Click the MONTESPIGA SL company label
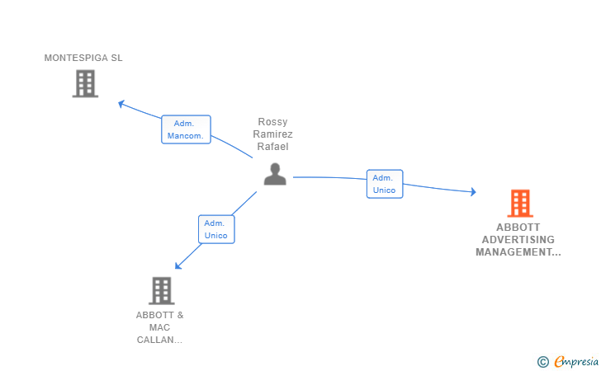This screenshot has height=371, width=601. coord(83,58)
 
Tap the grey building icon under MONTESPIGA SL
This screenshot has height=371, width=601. coord(85,83)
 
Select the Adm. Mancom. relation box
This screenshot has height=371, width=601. coord(186,129)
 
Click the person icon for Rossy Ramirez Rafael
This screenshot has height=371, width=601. coord(275,174)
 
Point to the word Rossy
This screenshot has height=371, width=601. coord(272,122)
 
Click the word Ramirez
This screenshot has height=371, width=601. coord(272,134)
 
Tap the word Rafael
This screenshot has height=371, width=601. coord(272,146)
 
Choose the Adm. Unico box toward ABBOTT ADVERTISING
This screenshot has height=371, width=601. coord(385,184)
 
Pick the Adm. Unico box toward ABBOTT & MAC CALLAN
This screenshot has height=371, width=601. coord(216,229)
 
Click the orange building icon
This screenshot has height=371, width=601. coord(520,204)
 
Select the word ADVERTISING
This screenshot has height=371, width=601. coord(518,240)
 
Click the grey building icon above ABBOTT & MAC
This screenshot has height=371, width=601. coord(161,290)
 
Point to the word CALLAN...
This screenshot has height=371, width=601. coord(155,340)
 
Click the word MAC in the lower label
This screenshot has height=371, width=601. coord(159,327)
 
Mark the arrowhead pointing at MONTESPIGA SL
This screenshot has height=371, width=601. coord(121,104)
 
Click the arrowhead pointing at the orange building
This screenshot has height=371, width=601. coord(473,191)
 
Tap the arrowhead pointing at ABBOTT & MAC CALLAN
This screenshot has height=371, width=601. coord(177,265)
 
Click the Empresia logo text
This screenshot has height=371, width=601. coord(576,361)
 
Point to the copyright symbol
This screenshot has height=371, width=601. coord(542,362)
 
